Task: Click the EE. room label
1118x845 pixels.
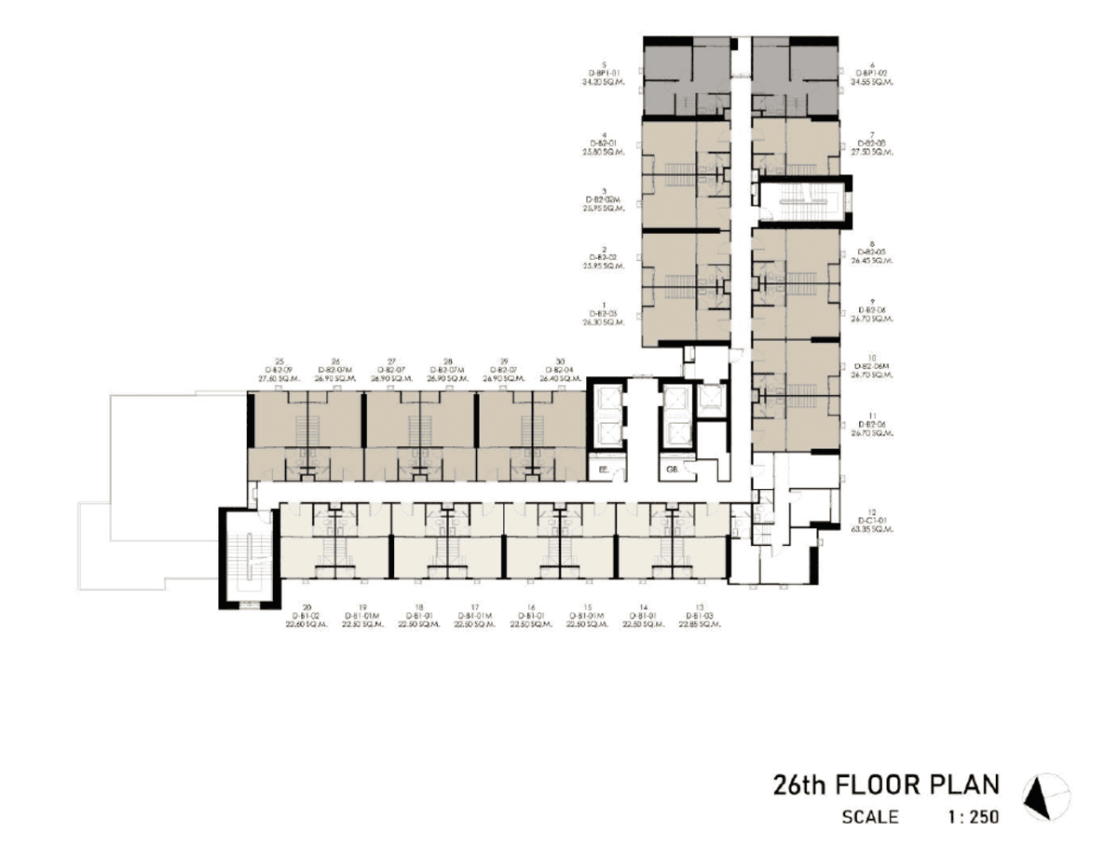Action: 604,471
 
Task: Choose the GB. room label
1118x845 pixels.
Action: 671,471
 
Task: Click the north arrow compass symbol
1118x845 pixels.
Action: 1045,797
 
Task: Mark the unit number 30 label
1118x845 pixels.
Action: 559,361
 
